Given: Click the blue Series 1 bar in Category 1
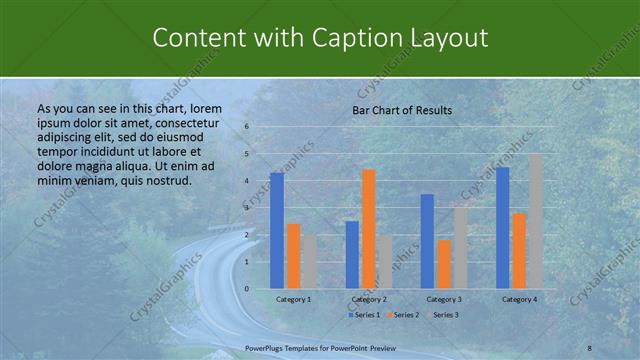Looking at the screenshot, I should click(277, 231).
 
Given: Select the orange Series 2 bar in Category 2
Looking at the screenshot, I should click(368, 229).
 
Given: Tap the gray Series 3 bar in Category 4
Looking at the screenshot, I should click(536, 221).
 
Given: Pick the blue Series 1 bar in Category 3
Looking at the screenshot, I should click(427, 241).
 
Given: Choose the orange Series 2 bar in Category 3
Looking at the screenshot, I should click(444, 264).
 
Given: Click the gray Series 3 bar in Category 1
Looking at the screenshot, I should click(310, 262).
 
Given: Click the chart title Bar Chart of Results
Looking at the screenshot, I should click(402, 110).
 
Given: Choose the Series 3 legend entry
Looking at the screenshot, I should click(444, 315).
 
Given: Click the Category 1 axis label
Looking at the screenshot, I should click(294, 299).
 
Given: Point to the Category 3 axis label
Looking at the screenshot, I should click(444, 299).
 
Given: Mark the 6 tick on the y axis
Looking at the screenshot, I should click(247, 128).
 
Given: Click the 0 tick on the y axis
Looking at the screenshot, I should click(247, 289).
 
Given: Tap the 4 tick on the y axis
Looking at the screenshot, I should click(247, 181).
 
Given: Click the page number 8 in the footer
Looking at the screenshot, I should click(590, 346).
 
